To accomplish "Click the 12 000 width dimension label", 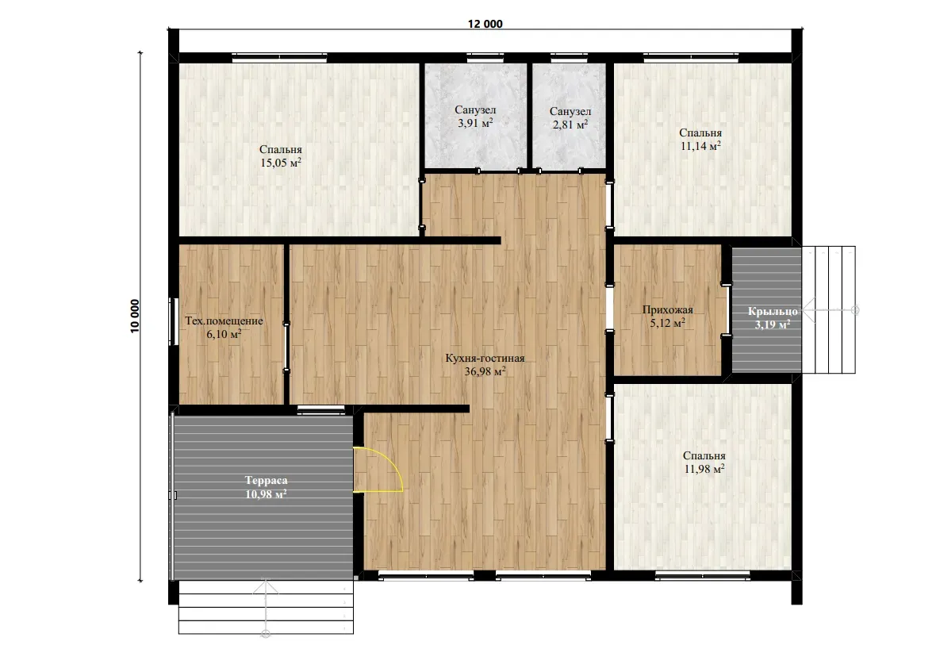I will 485,24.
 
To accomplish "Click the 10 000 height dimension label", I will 135,318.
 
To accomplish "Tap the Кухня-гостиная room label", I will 485,358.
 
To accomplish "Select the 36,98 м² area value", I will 485,371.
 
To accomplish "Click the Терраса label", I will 265,481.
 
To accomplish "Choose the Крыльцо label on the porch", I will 768,311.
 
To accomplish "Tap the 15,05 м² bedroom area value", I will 281,163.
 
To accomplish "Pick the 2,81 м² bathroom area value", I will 570,125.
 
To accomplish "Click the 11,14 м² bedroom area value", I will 700,146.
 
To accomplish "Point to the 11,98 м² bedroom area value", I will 704,470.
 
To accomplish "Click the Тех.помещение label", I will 224,321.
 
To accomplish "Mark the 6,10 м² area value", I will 224,335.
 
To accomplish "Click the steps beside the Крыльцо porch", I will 830,309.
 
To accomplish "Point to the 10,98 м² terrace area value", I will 266,494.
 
